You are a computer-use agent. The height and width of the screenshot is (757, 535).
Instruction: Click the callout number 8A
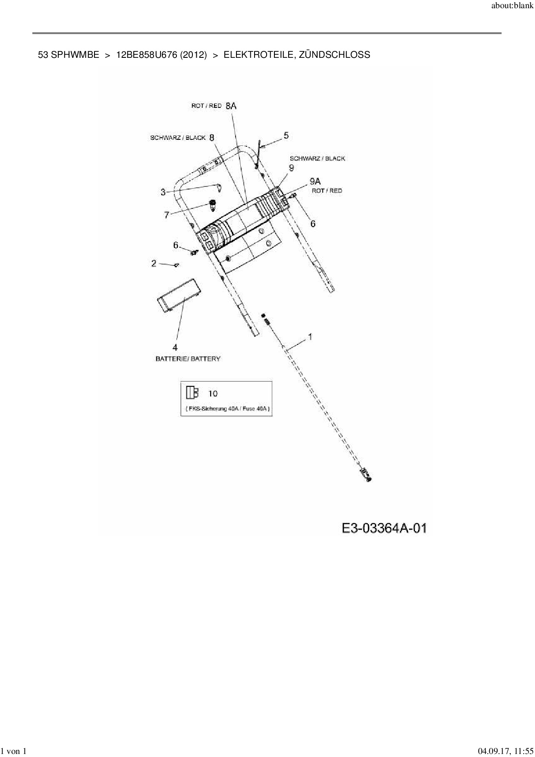coord(231,105)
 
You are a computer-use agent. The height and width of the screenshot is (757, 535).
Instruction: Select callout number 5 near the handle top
coord(286,136)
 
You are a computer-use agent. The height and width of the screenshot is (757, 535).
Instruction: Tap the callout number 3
coord(163,192)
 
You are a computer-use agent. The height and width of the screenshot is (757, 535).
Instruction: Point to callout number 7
coord(167,214)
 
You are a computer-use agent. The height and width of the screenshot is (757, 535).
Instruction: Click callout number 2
coord(154,263)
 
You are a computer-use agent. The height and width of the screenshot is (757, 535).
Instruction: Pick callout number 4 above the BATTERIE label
coord(175,347)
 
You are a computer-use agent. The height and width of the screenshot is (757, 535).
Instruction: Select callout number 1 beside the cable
coord(309,337)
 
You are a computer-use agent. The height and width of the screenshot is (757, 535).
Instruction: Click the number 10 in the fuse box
coord(213,393)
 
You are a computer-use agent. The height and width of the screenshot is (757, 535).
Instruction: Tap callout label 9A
coord(315,181)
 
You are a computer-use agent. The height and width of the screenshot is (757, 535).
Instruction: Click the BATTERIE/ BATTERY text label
coord(188,359)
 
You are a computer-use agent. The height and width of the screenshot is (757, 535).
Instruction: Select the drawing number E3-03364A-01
coord(384,528)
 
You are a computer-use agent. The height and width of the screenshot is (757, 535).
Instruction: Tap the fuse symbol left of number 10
coord(192,392)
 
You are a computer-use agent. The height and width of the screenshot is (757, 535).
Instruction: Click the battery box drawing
coord(179,295)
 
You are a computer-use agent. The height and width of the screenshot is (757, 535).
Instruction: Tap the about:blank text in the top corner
coord(513,6)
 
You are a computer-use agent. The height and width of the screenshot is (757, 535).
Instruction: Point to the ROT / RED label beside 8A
coord(206,106)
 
